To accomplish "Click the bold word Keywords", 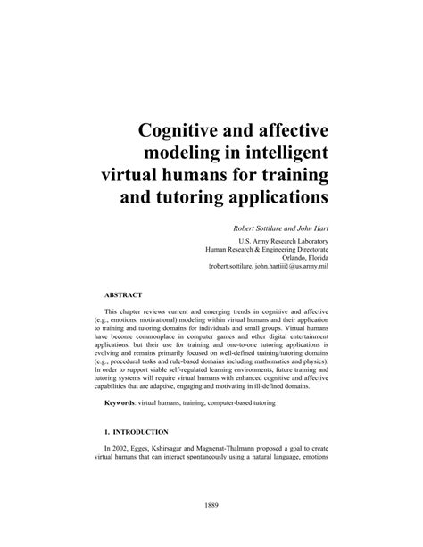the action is pos(123,405).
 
